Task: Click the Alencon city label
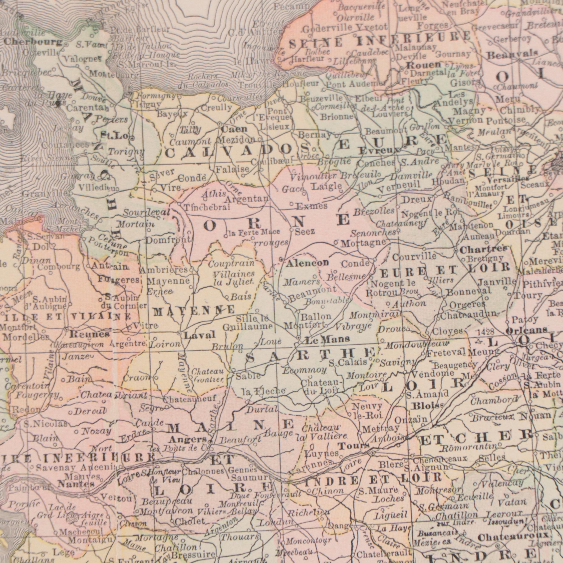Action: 303,263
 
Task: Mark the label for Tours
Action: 354,446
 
